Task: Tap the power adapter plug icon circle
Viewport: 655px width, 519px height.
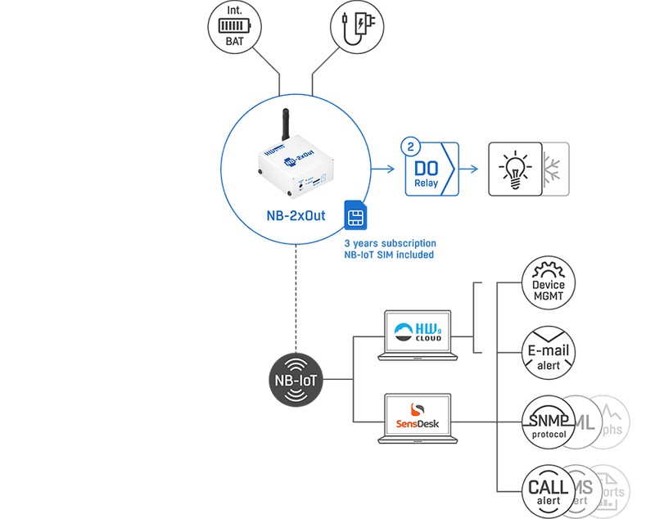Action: click(x=358, y=27)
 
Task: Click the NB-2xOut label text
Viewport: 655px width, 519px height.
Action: click(x=291, y=217)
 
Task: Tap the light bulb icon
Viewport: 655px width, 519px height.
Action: click(x=515, y=169)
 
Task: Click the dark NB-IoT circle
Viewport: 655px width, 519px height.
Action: click(x=297, y=381)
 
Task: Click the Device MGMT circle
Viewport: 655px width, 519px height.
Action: click(x=548, y=284)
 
